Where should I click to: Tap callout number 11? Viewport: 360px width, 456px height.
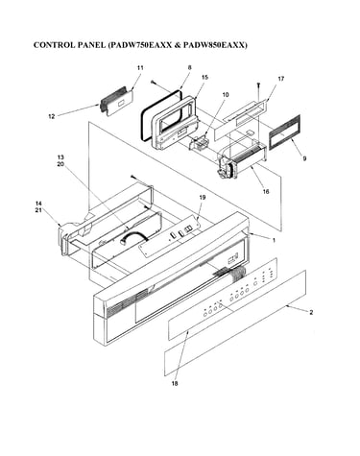pyautogui.click(x=140, y=68)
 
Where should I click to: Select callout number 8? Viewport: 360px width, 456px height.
pyautogui.click(x=189, y=67)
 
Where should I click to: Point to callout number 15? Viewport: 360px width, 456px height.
pyautogui.click(x=204, y=77)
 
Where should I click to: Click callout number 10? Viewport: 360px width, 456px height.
pyautogui.click(x=226, y=95)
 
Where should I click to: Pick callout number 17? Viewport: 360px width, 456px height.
pyautogui.click(x=280, y=79)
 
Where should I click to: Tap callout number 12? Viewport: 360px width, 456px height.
pyautogui.click(x=52, y=116)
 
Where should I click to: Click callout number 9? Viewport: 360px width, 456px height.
pyautogui.click(x=304, y=158)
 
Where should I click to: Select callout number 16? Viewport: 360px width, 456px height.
pyautogui.click(x=266, y=192)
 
